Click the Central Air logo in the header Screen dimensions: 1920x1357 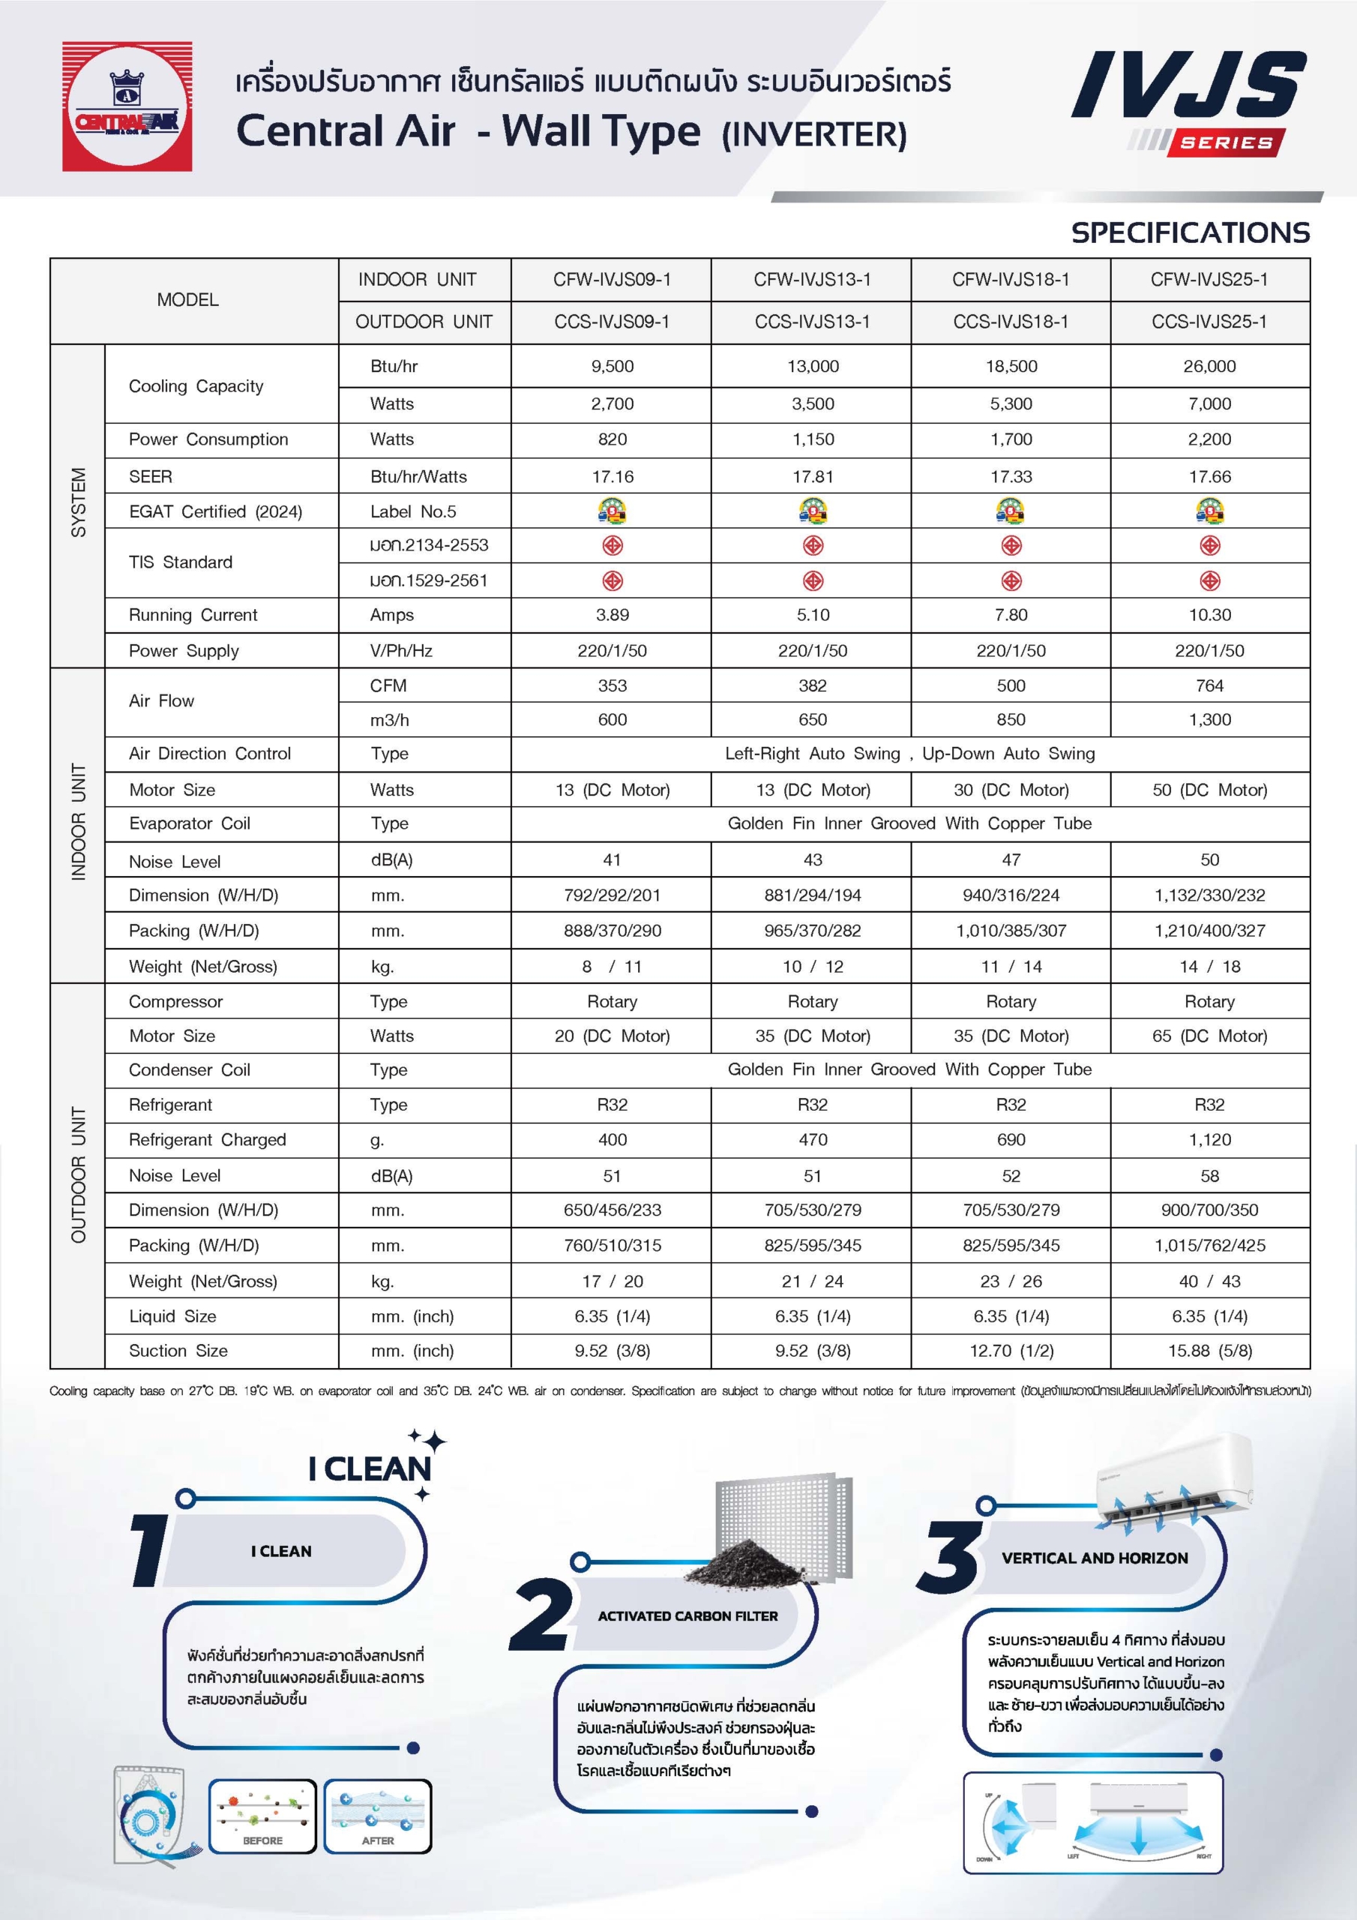point(127,106)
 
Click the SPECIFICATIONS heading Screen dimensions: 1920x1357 point(1190,232)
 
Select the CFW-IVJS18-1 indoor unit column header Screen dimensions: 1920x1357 point(1010,279)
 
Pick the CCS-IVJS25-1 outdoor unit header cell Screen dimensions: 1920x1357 point(1209,322)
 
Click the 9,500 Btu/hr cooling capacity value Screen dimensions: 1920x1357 point(612,366)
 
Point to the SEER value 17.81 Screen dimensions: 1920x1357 point(813,477)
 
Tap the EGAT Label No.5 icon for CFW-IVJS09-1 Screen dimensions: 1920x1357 point(612,510)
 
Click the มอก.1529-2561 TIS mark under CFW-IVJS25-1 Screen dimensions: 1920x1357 point(1209,580)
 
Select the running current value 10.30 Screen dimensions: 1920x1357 point(1209,615)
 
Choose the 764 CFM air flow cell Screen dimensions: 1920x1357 point(1209,685)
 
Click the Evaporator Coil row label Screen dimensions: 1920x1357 point(190,823)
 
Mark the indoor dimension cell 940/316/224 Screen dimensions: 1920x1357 point(1010,895)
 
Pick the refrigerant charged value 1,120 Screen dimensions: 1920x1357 point(1209,1140)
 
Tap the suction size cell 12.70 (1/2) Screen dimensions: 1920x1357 point(1010,1351)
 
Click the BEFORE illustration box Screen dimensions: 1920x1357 point(262,1815)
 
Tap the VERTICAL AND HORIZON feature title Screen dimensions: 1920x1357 point(1095,1558)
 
